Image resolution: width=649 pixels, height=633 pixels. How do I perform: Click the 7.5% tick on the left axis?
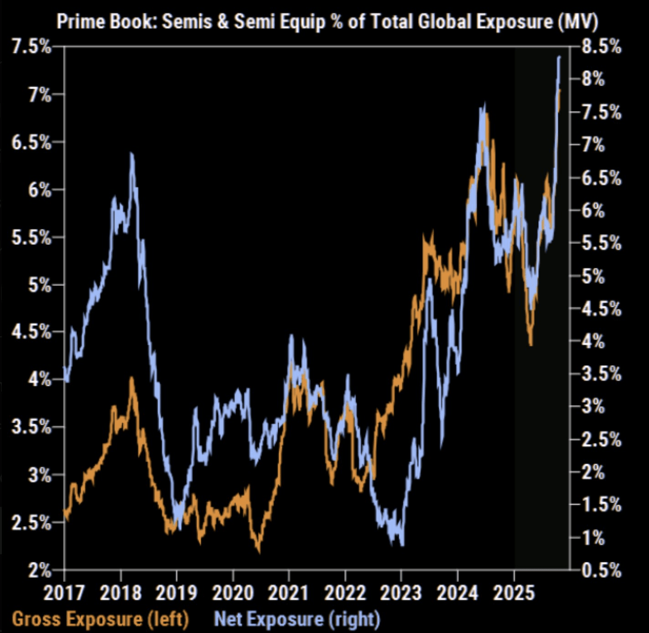pos(31,47)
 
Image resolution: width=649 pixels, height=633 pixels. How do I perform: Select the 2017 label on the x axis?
pos(64,592)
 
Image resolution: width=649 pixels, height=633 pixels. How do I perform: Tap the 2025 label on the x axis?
pos(514,592)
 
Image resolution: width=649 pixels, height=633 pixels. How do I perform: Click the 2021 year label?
pos(288,592)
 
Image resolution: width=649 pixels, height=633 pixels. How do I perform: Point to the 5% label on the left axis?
pos(39,285)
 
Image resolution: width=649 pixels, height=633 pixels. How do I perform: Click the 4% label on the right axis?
pos(593,341)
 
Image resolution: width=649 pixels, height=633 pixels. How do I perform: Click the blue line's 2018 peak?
pos(132,154)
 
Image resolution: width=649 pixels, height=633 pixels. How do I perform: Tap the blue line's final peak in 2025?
pos(560,57)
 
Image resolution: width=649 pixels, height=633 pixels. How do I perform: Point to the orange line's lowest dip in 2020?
pos(259,551)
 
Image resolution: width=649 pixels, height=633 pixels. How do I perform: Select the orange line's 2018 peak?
pos(132,378)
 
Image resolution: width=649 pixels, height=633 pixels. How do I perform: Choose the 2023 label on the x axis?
pos(401,592)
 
